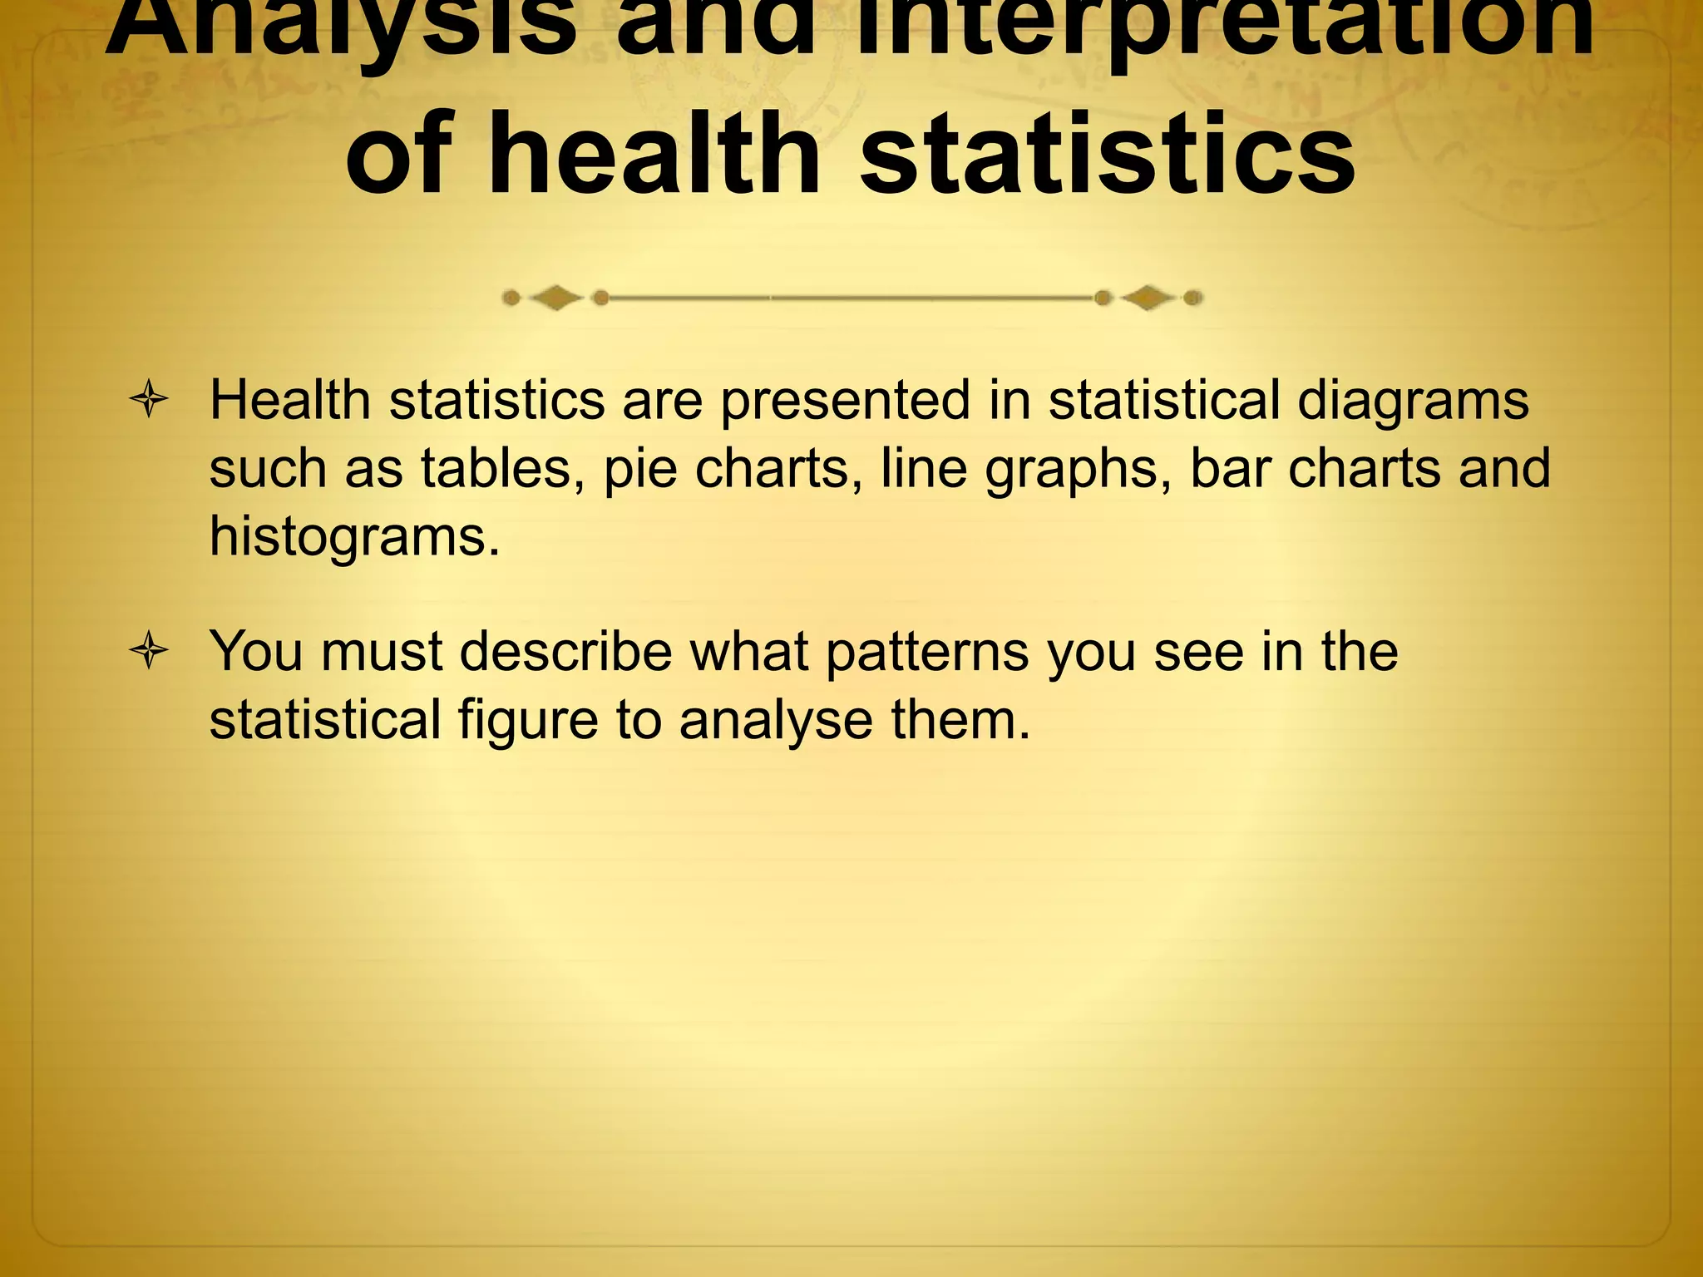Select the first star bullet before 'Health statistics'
coord(150,400)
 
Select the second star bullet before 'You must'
coord(150,650)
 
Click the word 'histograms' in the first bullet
coord(354,536)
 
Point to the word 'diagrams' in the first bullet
coord(1413,402)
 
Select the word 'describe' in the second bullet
coord(565,651)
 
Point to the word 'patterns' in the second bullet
coord(927,651)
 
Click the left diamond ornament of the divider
coord(555,298)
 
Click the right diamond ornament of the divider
coord(1148,298)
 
